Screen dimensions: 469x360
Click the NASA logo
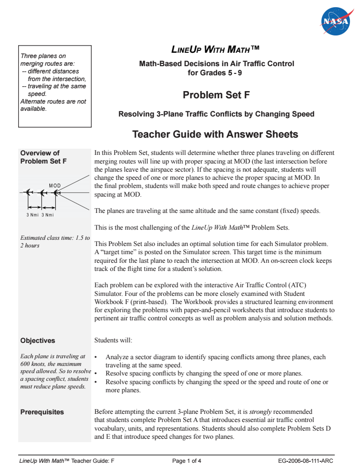click(x=337, y=21)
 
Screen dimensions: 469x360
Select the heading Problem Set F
click(x=216, y=95)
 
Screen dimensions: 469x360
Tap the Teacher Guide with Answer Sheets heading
click(x=215, y=134)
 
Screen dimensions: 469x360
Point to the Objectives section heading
click(x=37, y=340)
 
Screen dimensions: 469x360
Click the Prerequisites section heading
click(x=42, y=412)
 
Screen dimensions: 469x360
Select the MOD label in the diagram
click(x=55, y=186)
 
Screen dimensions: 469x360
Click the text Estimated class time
click(x=54, y=238)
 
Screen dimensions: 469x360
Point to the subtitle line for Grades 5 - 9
click(x=216, y=73)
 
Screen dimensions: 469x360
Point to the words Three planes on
click(x=43, y=56)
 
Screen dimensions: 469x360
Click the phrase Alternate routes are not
click(x=53, y=101)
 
